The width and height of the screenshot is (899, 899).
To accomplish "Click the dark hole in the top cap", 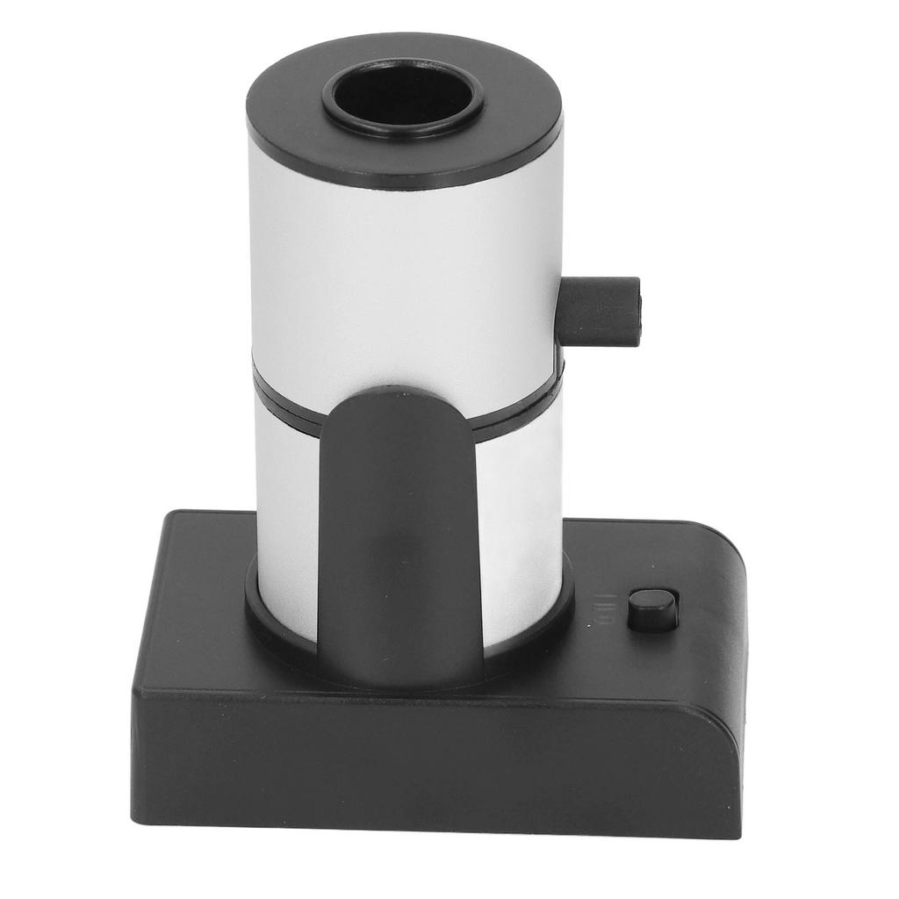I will (404, 95).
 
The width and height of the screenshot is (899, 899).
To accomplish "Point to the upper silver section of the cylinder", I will (386, 263).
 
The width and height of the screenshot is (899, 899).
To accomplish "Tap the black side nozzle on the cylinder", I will (601, 311).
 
